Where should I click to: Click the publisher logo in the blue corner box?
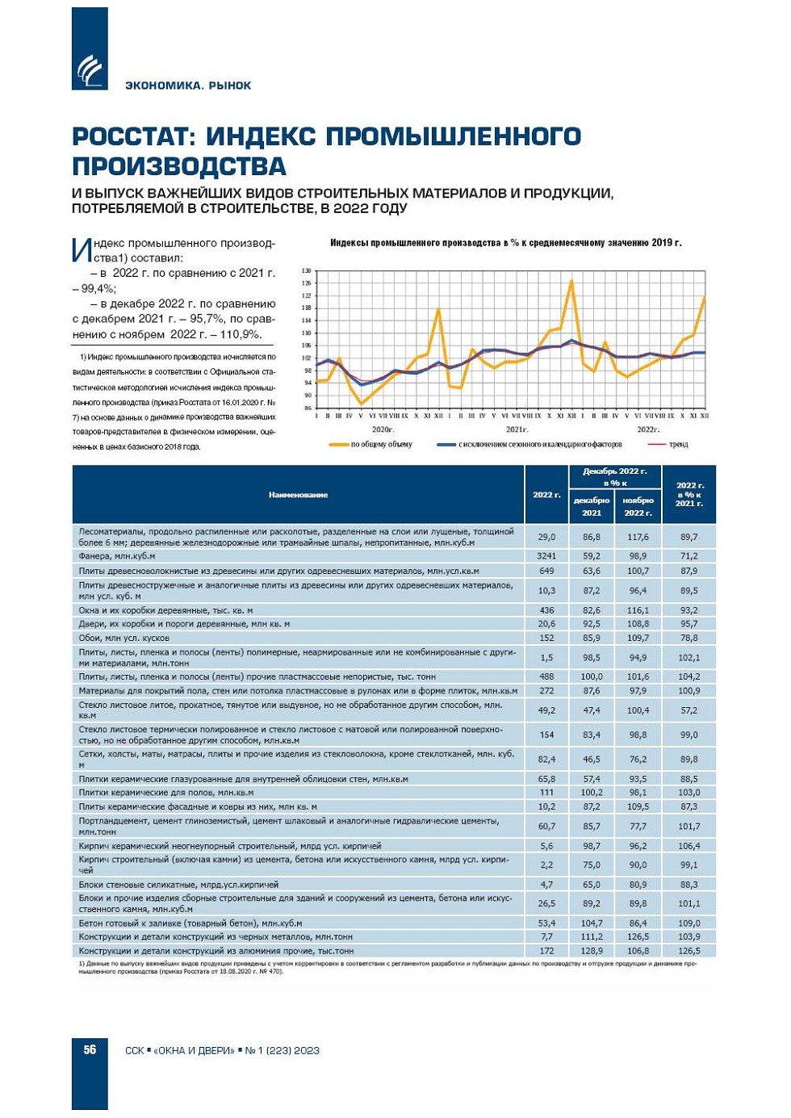tap(90, 69)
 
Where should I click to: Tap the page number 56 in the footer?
tap(90, 1049)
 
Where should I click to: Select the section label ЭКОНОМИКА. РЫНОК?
tap(188, 86)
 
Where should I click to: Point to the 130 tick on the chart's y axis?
tap(307, 271)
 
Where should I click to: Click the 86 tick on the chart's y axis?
tap(307, 408)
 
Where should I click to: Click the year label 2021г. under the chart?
tap(516, 429)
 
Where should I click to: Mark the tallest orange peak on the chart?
tap(571, 280)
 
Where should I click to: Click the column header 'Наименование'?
tap(298, 495)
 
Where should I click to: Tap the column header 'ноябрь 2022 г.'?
tap(638, 506)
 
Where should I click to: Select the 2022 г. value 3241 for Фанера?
tap(546, 556)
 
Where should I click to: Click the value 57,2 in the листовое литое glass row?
tap(688, 710)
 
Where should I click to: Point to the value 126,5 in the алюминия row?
tap(688, 951)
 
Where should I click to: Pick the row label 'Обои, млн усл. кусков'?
tap(124, 638)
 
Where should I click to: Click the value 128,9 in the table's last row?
tap(592, 951)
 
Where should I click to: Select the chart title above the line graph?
tap(505, 243)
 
